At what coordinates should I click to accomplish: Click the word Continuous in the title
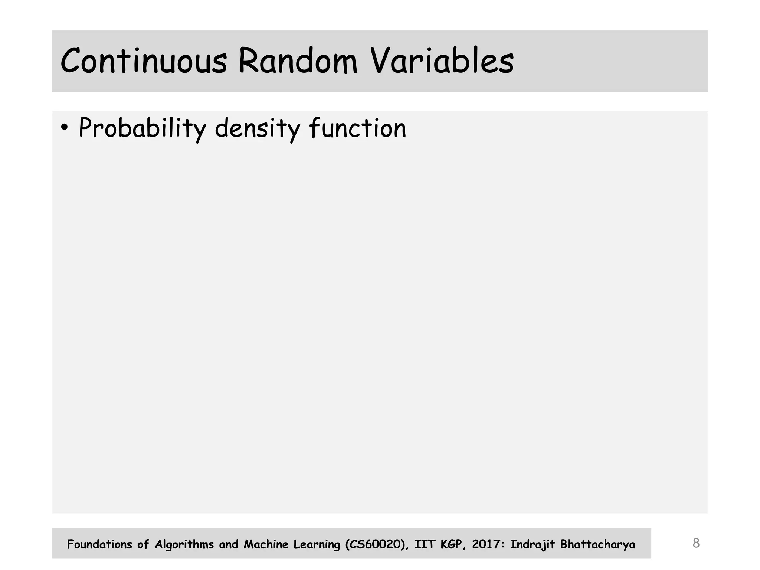pyautogui.click(x=143, y=61)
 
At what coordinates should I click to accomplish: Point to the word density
pyautogui.click(x=257, y=128)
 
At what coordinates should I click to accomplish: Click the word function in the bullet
pyautogui.click(x=357, y=128)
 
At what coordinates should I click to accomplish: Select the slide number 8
pyautogui.click(x=696, y=543)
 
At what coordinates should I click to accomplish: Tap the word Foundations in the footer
pyautogui.click(x=99, y=544)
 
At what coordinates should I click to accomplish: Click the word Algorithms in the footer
pyautogui.click(x=184, y=544)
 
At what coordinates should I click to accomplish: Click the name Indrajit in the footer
pyautogui.click(x=533, y=544)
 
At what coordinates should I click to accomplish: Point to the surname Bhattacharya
pyautogui.click(x=597, y=544)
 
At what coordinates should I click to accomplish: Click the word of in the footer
pyautogui.click(x=143, y=544)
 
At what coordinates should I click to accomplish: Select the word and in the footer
pyautogui.click(x=229, y=544)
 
